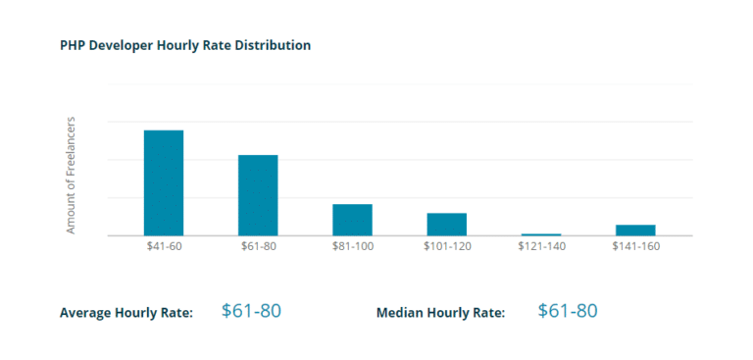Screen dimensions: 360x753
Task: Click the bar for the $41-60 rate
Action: [164, 182]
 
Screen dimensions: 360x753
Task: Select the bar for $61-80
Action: [258, 195]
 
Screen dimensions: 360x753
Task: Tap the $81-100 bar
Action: [352, 220]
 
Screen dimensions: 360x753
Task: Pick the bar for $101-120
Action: [446, 224]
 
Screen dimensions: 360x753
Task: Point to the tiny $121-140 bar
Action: [540, 234]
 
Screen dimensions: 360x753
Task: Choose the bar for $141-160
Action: [635, 230]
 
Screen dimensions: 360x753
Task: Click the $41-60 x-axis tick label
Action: [164, 246]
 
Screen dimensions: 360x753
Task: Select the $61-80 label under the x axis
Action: [258, 246]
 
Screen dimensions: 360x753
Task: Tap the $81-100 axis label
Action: [352, 246]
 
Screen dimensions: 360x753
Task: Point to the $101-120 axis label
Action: [447, 246]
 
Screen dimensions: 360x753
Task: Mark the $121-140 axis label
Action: [541, 246]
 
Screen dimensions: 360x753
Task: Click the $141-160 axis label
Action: [635, 246]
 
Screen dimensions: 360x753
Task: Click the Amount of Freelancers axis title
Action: [71, 177]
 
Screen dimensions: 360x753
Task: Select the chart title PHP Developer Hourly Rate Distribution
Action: [185, 45]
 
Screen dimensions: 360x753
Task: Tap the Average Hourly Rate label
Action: [126, 313]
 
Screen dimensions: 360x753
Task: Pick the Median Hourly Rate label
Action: [440, 313]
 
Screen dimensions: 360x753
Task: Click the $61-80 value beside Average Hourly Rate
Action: [251, 311]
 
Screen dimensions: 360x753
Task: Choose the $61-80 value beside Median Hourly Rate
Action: [568, 311]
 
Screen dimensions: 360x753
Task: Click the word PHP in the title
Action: [73, 45]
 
